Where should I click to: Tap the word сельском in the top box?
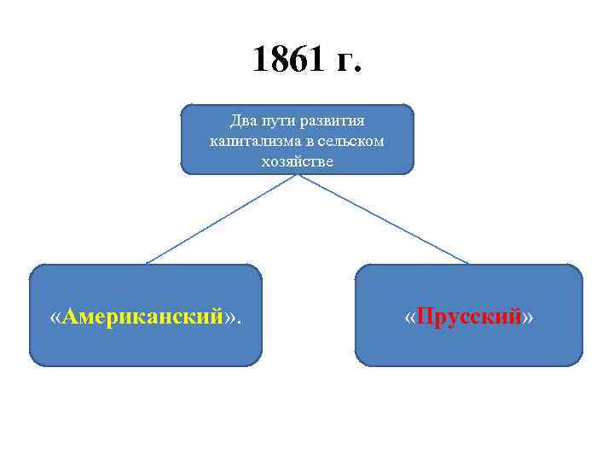[349, 139]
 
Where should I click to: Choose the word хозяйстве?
[297, 159]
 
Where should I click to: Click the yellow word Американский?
[143, 317]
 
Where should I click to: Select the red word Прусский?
[469, 317]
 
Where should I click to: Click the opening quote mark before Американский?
[56, 317]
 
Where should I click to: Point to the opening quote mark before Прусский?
[410, 317]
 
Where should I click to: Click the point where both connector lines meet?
[297, 175]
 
